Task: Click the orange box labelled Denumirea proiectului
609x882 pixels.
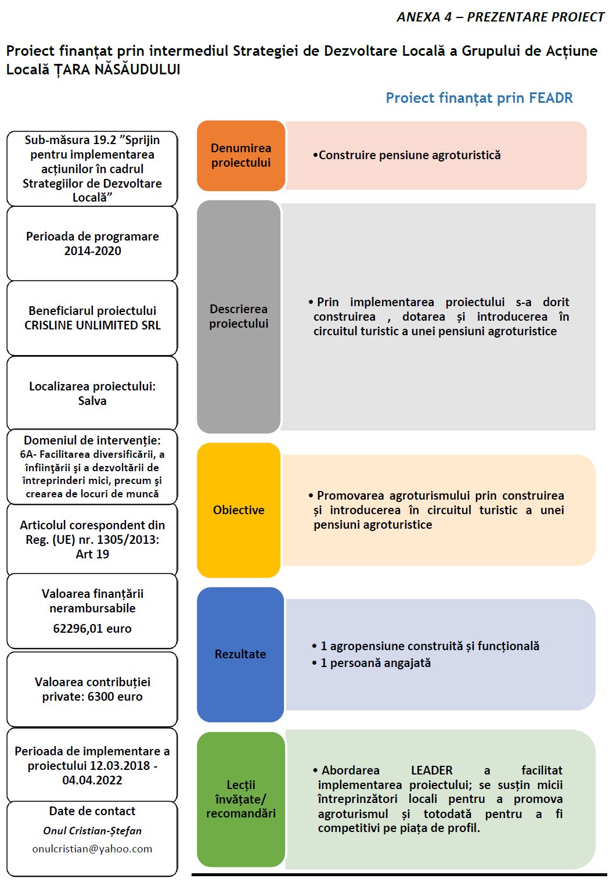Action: click(x=241, y=156)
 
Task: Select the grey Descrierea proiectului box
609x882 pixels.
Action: click(x=239, y=317)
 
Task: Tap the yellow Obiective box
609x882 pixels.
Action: click(x=239, y=510)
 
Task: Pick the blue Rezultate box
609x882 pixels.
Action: click(x=240, y=654)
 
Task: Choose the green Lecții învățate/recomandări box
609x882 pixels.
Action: click(x=241, y=799)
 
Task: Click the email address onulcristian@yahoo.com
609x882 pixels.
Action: click(x=92, y=849)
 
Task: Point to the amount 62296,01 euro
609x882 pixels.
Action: click(x=92, y=629)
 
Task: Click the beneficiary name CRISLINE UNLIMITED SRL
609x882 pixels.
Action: click(x=92, y=325)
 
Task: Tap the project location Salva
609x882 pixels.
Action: click(x=92, y=401)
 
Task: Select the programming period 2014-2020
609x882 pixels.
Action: click(x=92, y=251)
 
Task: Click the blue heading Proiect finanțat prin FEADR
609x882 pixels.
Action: click(x=479, y=98)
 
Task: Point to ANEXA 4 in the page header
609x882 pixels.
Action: click(x=424, y=17)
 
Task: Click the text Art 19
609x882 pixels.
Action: click(x=92, y=554)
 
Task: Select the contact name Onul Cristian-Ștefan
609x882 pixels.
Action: click(x=92, y=831)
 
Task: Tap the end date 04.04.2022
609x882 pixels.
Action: click(x=92, y=780)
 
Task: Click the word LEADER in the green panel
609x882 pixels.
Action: click(x=431, y=770)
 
